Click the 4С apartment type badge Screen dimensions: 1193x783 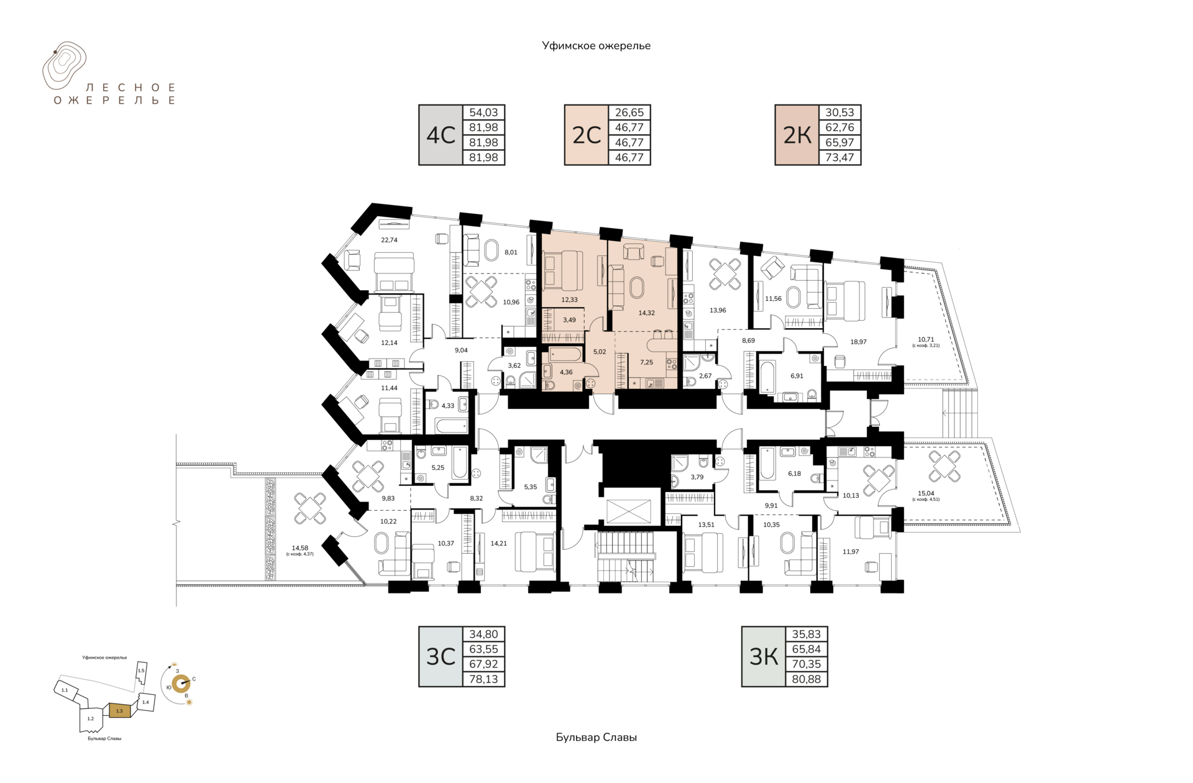(x=441, y=135)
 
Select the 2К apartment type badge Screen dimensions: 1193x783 (x=797, y=135)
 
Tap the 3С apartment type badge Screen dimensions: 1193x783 (x=441, y=657)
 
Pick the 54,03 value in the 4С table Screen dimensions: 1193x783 (x=483, y=112)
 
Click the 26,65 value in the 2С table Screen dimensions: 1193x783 (x=629, y=112)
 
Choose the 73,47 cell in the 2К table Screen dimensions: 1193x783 (x=839, y=157)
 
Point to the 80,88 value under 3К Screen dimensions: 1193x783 (x=807, y=679)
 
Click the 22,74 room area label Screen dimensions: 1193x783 (x=389, y=240)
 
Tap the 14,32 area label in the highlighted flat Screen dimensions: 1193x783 (x=646, y=313)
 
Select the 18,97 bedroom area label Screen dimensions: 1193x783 (x=858, y=342)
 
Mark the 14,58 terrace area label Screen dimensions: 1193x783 (x=300, y=548)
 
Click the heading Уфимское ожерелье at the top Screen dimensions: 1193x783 (x=596, y=45)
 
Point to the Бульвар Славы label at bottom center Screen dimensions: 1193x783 (x=596, y=737)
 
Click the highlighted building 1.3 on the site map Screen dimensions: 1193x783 (x=120, y=710)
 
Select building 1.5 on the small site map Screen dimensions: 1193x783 (x=141, y=671)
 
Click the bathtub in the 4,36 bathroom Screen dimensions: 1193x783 (x=565, y=355)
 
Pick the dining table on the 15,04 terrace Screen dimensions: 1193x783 (x=944, y=467)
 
